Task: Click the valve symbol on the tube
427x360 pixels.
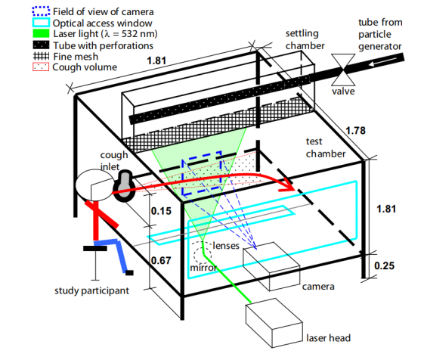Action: (x=343, y=70)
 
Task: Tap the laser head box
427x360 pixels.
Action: (x=274, y=323)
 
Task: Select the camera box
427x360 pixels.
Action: (x=271, y=266)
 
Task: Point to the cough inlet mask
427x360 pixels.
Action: (x=124, y=185)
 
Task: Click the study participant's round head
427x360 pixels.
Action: (x=94, y=185)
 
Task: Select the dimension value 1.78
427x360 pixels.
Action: (x=355, y=131)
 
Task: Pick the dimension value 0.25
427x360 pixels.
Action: (x=384, y=265)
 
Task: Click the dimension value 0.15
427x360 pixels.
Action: (x=161, y=211)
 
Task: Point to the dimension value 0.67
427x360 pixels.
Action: (x=161, y=260)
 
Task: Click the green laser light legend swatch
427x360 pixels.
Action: (x=41, y=33)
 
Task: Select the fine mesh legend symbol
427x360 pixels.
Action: (x=41, y=56)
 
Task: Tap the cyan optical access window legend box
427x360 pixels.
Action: (x=41, y=23)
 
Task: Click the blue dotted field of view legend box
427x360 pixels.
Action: (x=41, y=11)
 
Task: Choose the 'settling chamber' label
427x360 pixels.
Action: (x=305, y=39)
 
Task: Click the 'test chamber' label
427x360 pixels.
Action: (x=326, y=147)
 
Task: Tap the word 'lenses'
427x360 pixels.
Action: (x=226, y=246)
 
